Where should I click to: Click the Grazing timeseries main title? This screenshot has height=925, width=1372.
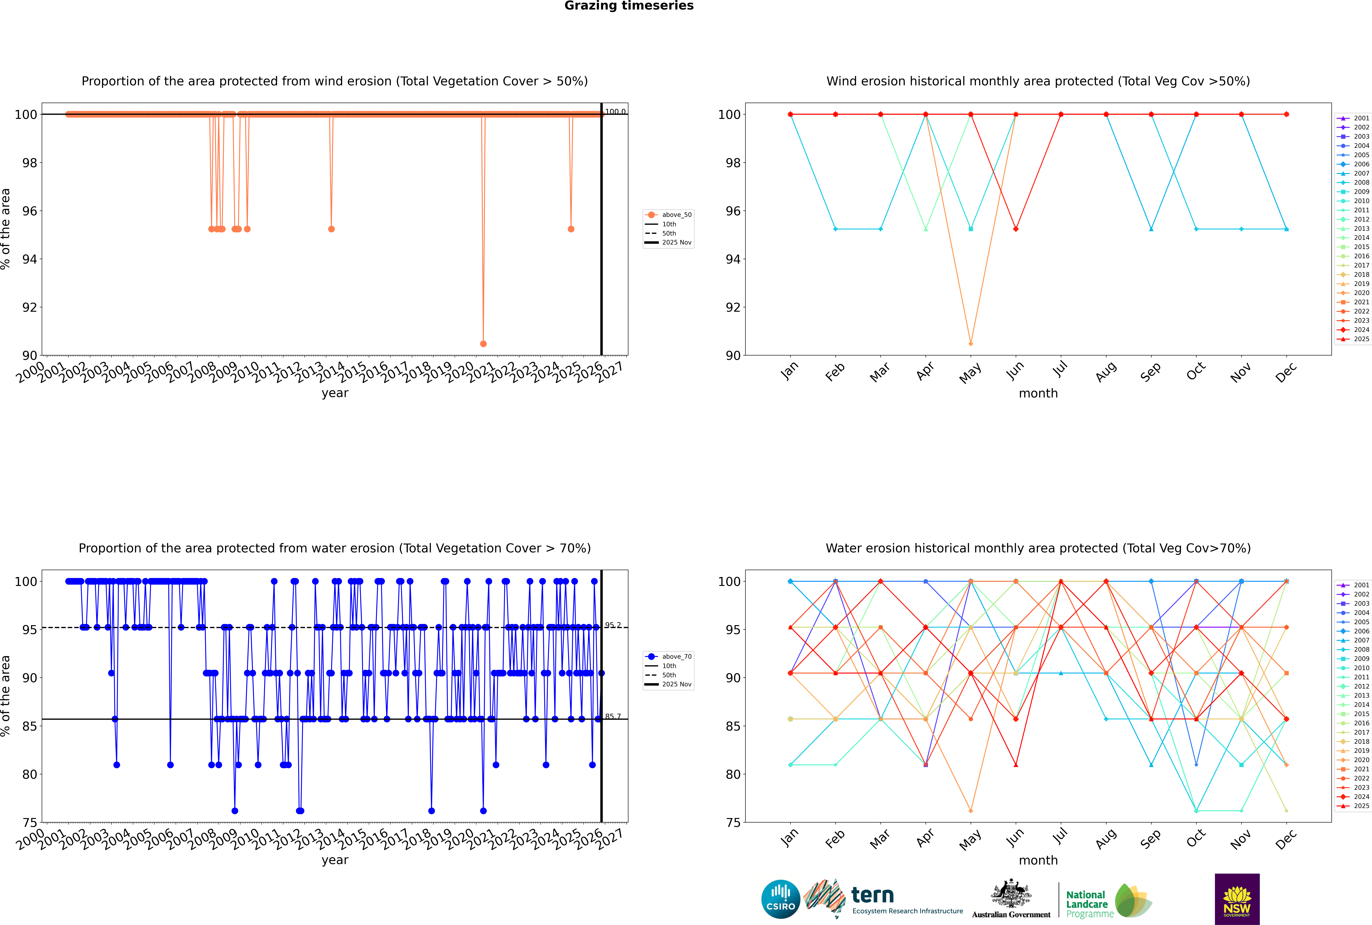pos(629,6)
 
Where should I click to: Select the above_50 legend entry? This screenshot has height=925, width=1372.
pos(668,215)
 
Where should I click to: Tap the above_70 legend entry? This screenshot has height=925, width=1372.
pos(668,657)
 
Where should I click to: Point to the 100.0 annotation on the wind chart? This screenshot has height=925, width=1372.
pos(615,112)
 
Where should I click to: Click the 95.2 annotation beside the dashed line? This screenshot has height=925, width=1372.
pos(613,625)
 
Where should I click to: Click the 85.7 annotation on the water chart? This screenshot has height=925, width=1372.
pos(613,716)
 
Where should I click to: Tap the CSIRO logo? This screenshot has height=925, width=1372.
pos(780,900)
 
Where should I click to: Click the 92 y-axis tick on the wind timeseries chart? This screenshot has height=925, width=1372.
pos(29,307)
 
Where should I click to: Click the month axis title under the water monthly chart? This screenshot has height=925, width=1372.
pos(1038,860)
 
